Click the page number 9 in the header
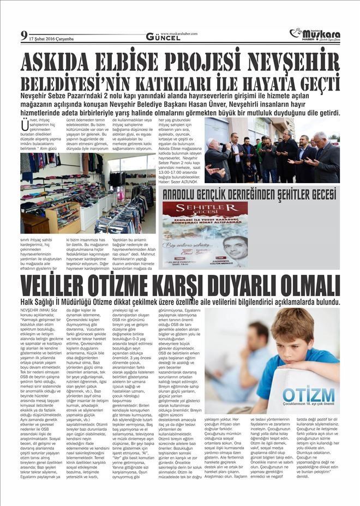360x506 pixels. click(23, 36)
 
